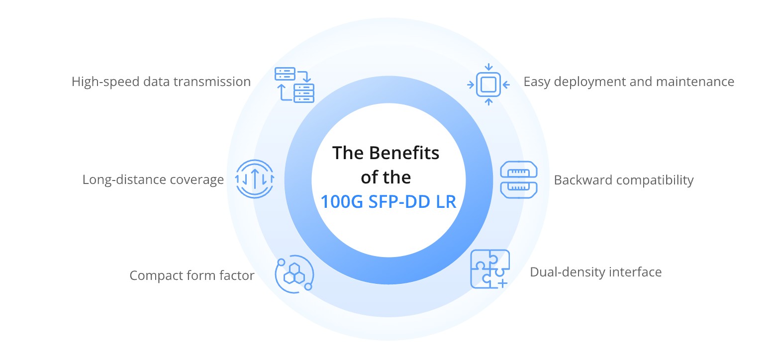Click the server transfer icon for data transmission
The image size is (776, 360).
[x=294, y=85]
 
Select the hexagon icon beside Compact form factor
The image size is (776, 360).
[x=294, y=274]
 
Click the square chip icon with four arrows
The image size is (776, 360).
[x=488, y=85]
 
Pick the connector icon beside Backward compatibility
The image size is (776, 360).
[x=519, y=180]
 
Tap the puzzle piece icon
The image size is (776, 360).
[x=490, y=269]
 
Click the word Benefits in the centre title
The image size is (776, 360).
[x=404, y=153]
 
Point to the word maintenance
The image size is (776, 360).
[x=695, y=82]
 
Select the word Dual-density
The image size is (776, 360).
[x=568, y=272]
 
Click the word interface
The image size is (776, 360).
[x=635, y=272]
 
